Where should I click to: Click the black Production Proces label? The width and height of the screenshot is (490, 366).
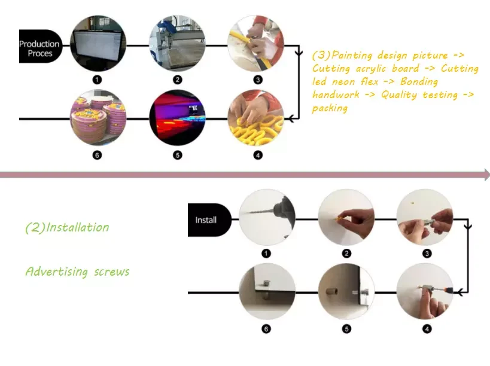tap(39, 47)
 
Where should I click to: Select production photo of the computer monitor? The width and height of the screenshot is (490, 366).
tap(98, 44)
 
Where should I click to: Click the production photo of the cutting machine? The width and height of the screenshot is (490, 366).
tap(177, 44)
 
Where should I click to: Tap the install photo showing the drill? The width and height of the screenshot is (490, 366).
tap(267, 219)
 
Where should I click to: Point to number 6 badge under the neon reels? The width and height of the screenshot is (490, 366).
tap(98, 155)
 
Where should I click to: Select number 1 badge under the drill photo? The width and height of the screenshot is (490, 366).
tap(267, 254)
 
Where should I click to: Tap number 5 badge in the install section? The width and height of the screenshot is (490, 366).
tap(347, 328)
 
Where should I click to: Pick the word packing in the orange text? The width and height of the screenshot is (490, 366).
tap(330, 108)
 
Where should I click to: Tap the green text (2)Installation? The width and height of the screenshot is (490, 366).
tap(67, 227)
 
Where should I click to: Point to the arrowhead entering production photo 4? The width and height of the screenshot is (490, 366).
tap(290, 118)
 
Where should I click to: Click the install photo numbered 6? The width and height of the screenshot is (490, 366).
tap(267, 291)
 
